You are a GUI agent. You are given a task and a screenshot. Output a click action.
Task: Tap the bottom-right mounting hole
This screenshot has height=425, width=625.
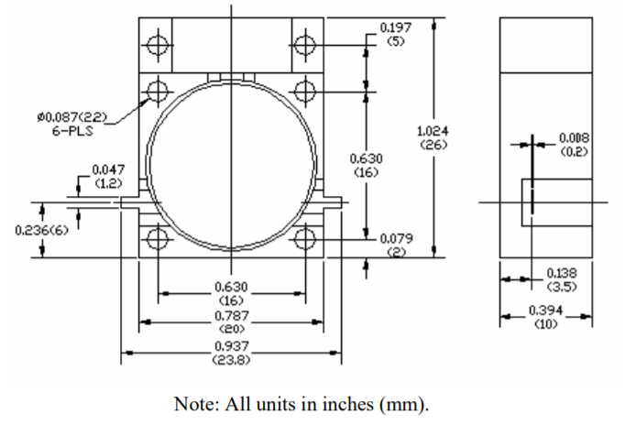305,239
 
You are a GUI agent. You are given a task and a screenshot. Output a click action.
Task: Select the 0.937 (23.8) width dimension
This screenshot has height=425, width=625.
231,352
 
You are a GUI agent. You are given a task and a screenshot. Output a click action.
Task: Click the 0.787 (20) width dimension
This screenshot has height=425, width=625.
231,321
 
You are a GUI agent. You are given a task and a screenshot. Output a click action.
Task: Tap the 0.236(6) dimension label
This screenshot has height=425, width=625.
41,229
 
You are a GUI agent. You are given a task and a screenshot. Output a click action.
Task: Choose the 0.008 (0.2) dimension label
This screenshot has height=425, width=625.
574,145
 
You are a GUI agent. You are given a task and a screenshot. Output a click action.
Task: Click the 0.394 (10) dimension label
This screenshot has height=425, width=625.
544,316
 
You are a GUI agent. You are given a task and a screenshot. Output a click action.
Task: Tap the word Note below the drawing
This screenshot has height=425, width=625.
193,402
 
